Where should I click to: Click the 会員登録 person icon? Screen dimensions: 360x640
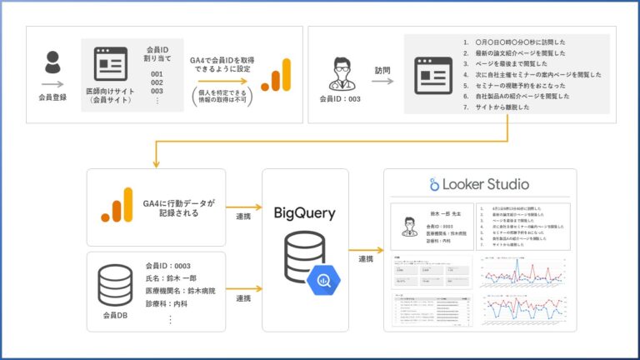coord(52,63)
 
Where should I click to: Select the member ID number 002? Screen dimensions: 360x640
coord(156,82)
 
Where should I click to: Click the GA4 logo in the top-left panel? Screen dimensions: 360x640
coord(276,75)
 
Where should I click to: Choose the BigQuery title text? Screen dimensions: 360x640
coord(305,213)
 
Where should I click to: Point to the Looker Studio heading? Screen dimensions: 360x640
coord(478,184)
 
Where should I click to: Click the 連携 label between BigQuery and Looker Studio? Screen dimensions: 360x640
coord(365,261)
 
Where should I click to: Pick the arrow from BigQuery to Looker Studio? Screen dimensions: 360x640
coord(365,248)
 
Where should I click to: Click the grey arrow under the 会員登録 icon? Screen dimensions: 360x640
coord(52,83)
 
